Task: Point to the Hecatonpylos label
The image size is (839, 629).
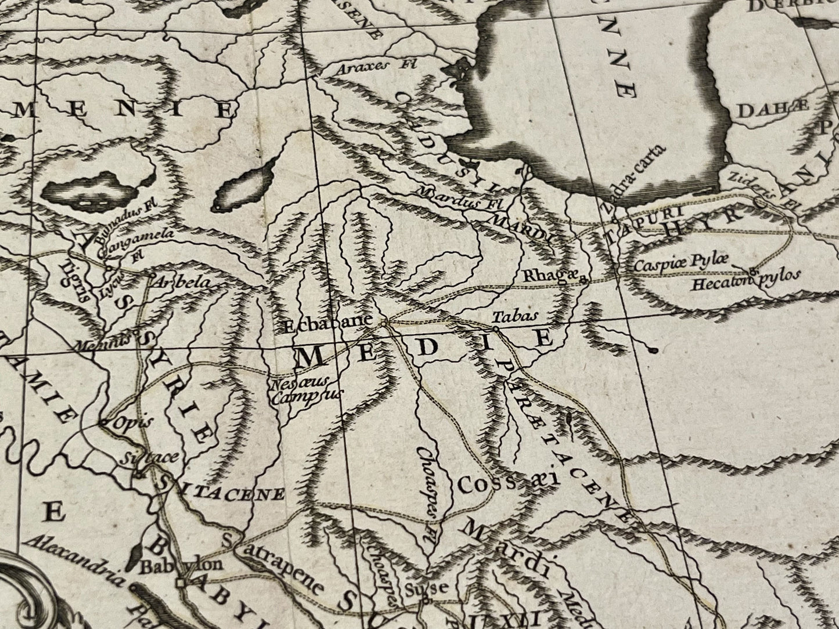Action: click(746, 280)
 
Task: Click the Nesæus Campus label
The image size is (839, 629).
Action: click(307, 389)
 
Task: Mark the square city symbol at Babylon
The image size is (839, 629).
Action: click(182, 582)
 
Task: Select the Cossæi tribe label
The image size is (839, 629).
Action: click(507, 481)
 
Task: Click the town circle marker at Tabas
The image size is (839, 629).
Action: click(496, 329)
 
